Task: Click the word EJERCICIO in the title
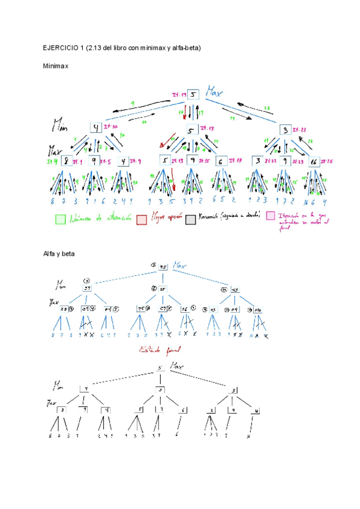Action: (x=58, y=47)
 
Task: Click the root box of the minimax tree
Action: (x=193, y=95)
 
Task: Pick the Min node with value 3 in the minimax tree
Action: (x=284, y=129)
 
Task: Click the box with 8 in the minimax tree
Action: (x=68, y=161)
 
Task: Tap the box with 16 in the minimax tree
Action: (x=313, y=162)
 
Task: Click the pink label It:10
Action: (x=112, y=128)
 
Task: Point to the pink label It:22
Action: (x=299, y=130)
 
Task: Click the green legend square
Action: (x=60, y=220)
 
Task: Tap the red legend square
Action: (x=142, y=220)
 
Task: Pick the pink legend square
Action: (x=271, y=216)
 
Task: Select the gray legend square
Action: (x=190, y=219)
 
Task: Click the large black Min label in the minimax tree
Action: (x=61, y=125)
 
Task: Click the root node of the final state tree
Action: (x=160, y=369)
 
